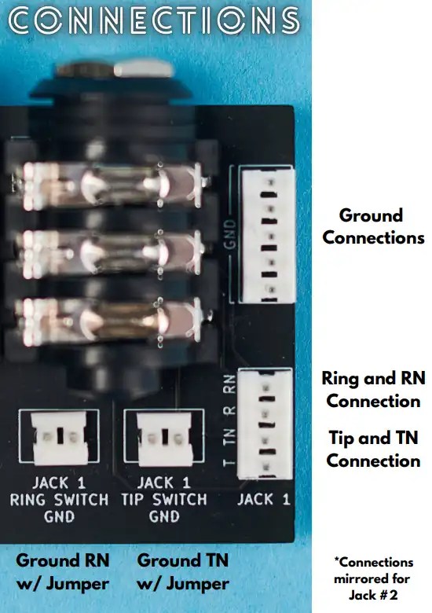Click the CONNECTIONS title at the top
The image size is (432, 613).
(x=154, y=21)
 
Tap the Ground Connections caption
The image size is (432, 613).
(x=372, y=226)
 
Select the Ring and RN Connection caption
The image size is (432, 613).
(x=373, y=389)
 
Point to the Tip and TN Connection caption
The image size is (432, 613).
(x=373, y=449)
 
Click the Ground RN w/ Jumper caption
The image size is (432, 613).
(x=63, y=572)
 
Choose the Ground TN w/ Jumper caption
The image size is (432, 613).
(x=182, y=572)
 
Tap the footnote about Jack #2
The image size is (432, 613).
(x=373, y=578)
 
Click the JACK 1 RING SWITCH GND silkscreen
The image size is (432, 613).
(x=60, y=499)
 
